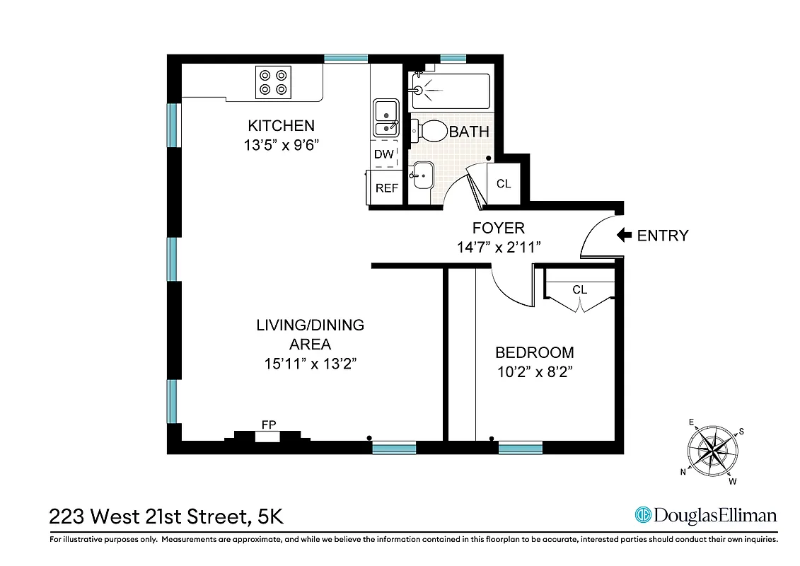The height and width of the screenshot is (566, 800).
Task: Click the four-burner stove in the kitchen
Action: tap(273, 81)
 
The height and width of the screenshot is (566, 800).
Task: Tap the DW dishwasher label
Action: tap(383, 154)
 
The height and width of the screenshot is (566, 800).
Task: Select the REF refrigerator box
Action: tap(386, 188)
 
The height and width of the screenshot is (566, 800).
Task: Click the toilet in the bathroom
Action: tap(431, 131)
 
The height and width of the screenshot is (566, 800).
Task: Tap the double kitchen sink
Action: tap(385, 118)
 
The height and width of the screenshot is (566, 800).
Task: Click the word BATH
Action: tap(469, 132)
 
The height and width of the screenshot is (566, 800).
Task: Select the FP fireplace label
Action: tap(268, 424)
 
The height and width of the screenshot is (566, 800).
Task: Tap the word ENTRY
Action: tap(663, 236)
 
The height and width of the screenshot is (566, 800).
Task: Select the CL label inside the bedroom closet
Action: tap(579, 289)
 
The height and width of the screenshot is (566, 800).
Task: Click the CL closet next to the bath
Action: tap(504, 184)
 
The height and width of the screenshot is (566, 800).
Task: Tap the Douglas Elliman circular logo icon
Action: tap(643, 515)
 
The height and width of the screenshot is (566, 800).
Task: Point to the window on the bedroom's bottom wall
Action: tap(520, 447)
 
